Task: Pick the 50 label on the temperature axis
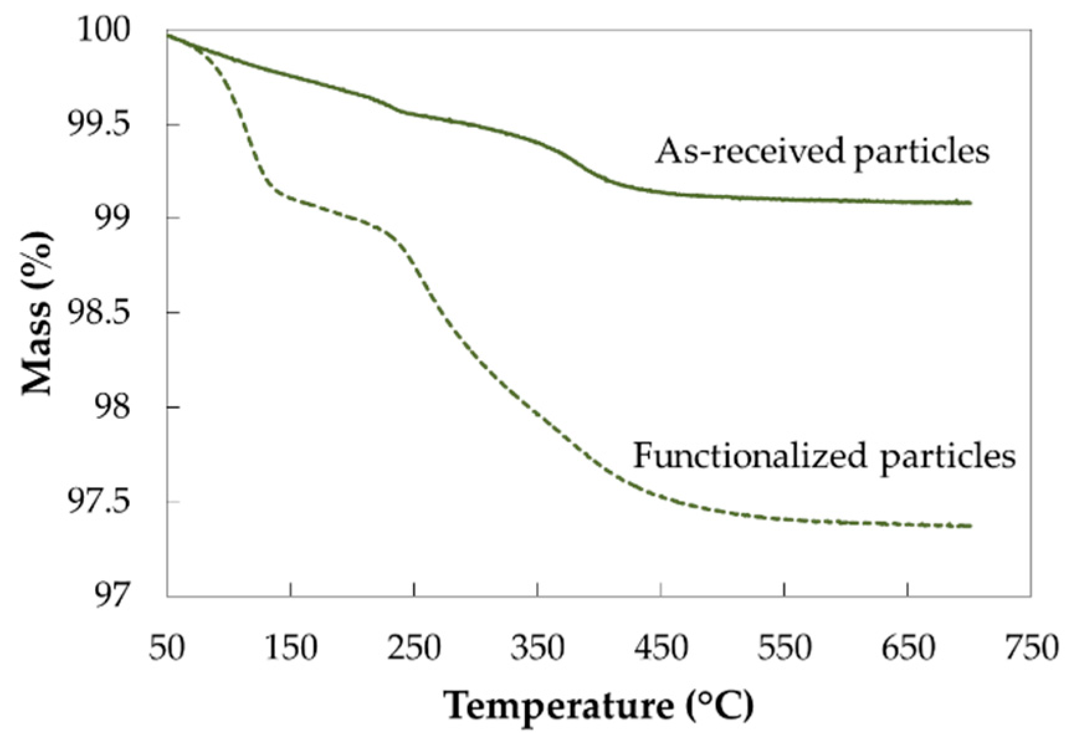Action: coord(167,649)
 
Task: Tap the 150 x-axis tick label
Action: coord(290,649)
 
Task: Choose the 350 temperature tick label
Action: coord(538,649)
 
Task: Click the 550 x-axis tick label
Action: coord(785,649)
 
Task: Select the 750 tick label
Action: coord(1032,649)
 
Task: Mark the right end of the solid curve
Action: coord(970,203)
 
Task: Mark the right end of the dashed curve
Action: coord(970,526)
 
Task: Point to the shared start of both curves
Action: coord(168,35)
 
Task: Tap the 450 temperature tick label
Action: coord(661,649)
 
